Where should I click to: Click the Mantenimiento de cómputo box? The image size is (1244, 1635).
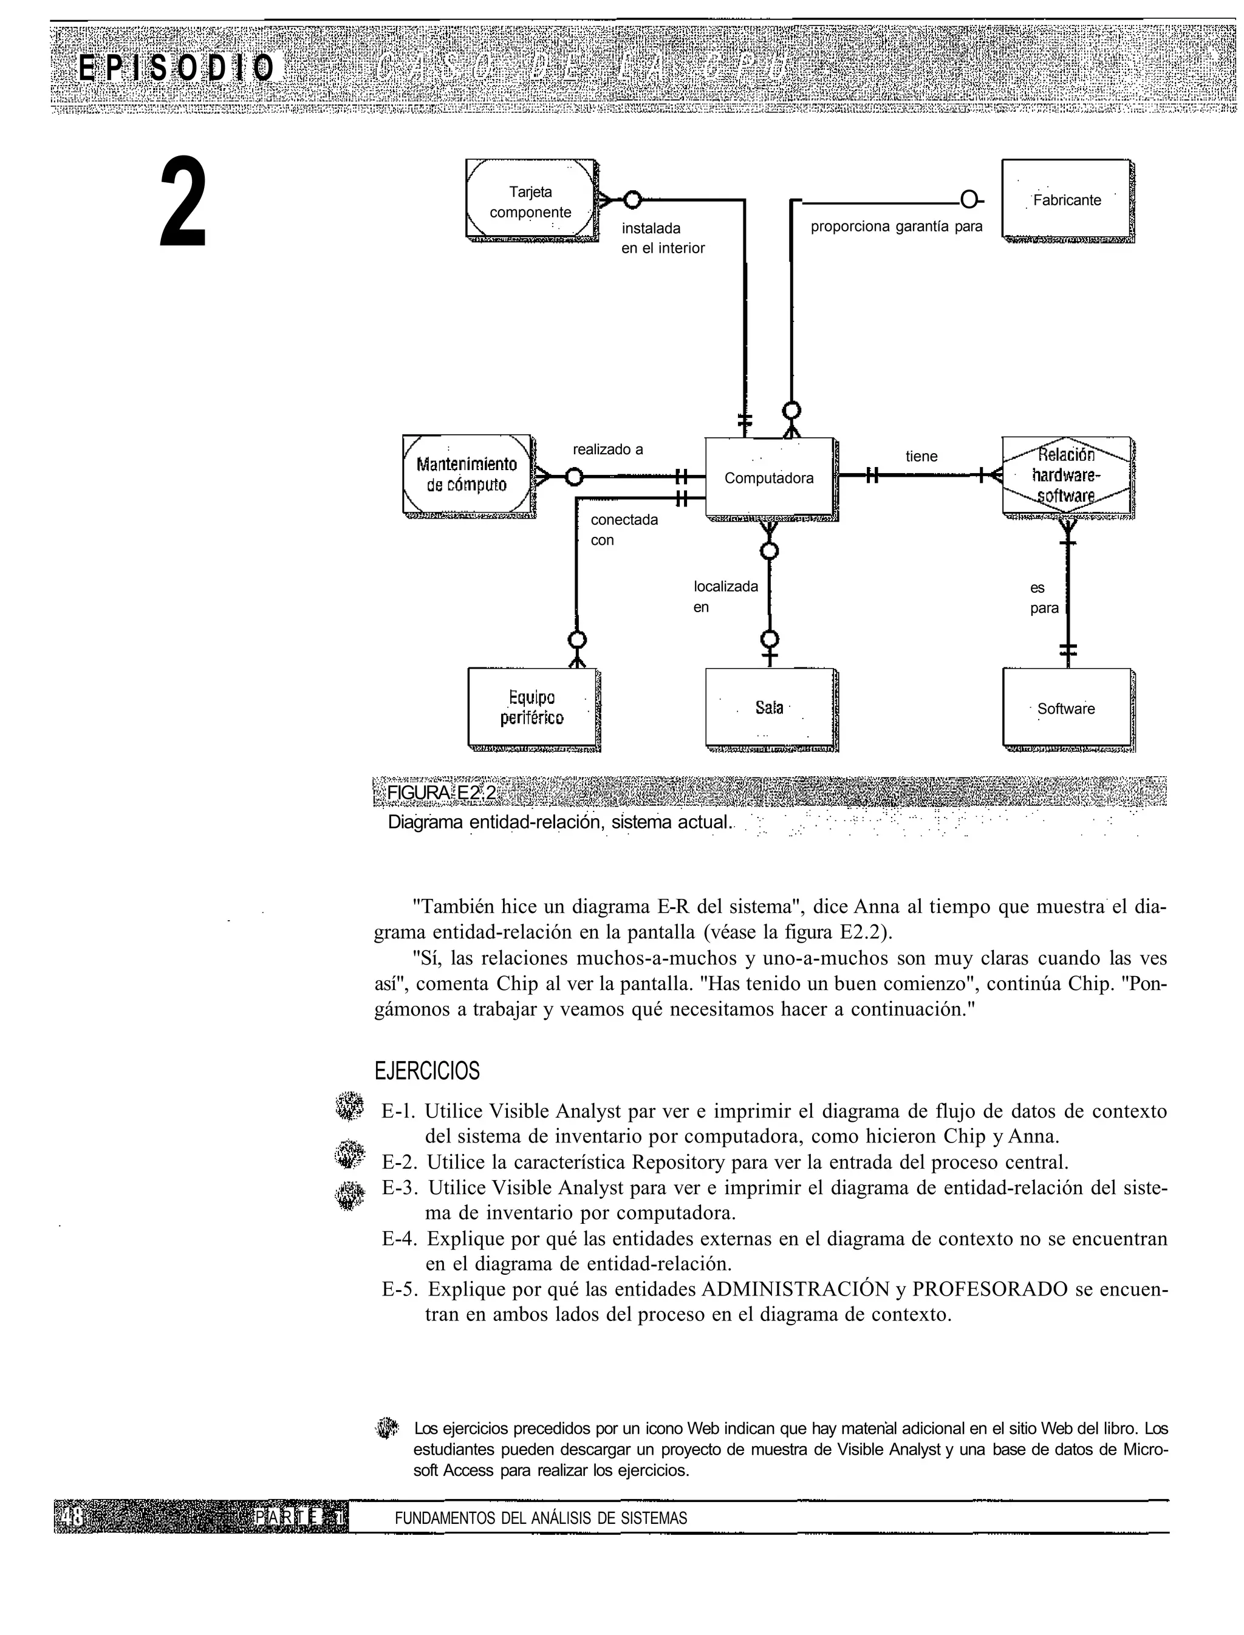click(x=466, y=475)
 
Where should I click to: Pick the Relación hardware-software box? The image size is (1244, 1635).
click(x=1066, y=475)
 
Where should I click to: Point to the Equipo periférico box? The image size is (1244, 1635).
click(x=531, y=708)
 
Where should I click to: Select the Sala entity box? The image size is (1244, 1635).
click(x=770, y=708)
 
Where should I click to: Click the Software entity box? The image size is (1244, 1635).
click(x=1066, y=709)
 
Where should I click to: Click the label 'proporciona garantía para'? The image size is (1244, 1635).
click(x=896, y=227)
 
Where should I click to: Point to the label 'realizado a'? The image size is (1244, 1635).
click(x=608, y=449)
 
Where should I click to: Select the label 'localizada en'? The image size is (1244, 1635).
click(x=725, y=596)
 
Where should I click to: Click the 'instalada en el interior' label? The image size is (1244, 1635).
click(x=662, y=237)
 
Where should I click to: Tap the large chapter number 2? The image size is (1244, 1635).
click(x=183, y=202)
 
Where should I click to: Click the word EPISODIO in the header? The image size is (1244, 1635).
click(x=177, y=68)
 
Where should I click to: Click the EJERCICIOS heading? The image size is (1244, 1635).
click(x=426, y=1071)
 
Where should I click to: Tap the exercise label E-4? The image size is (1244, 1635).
click(x=400, y=1238)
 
